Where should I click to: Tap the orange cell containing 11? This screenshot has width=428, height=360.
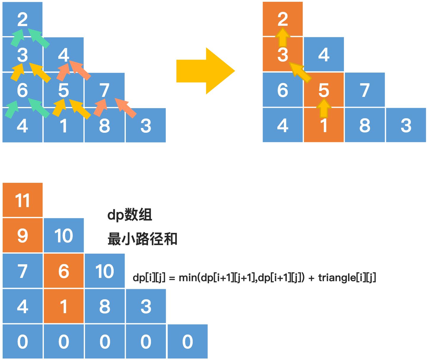pos(22,200)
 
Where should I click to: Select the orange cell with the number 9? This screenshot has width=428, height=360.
pos(22,236)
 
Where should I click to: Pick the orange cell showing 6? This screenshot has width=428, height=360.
pos(64,271)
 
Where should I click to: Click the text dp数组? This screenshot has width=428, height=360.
pos(130,215)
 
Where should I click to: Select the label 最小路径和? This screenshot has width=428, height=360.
pos(142,239)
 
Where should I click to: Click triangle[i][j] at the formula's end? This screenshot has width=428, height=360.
pos(347,278)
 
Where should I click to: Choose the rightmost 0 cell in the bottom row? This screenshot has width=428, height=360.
pos(188,342)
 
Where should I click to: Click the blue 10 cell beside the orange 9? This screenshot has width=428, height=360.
pos(64,236)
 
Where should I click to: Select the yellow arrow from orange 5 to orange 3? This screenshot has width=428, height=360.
pos(300,72)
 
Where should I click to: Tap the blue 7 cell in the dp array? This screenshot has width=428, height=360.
pos(22,271)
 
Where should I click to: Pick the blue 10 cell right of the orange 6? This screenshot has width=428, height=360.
pos(104,271)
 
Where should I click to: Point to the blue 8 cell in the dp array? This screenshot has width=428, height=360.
pos(104,306)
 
